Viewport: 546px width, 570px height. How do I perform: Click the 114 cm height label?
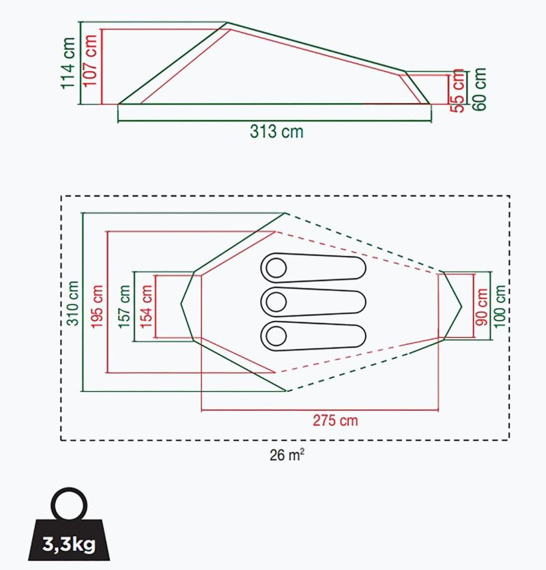(x=68, y=63)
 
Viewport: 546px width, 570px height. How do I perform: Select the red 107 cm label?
(x=90, y=61)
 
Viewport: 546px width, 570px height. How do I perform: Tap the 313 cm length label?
(x=276, y=131)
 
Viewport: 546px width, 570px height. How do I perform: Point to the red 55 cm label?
(x=457, y=91)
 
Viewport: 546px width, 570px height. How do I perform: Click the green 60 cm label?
(x=479, y=89)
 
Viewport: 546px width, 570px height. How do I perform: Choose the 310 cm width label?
(x=72, y=303)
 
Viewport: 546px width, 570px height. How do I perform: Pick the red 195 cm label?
(x=97, y=307)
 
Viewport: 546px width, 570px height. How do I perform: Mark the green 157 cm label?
(x=124, y=307)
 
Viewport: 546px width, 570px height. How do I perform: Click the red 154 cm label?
(x=146, y=307)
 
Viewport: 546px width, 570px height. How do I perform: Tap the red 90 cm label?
(x=482, y=307)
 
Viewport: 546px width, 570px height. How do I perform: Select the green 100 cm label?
(x=500, y=306)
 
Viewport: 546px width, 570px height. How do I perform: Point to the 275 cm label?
(x=336, y=421)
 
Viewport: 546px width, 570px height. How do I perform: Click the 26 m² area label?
(x=287, y=455)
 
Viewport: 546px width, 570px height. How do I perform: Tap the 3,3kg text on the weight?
(x=69, y=544)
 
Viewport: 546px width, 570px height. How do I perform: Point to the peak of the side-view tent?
(x=227, y=23)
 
